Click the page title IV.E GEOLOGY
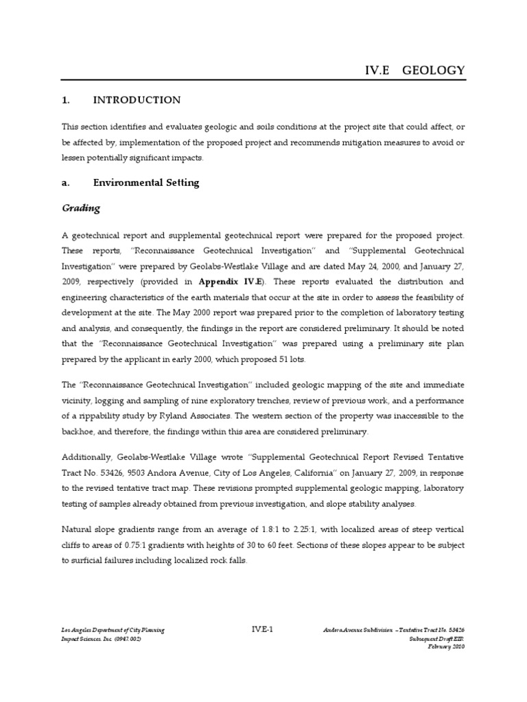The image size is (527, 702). point(414,70)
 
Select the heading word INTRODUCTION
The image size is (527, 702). point(137,100)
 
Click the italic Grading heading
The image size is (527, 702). point(81,208)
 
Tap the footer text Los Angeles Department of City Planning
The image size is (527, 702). point(113,630)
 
